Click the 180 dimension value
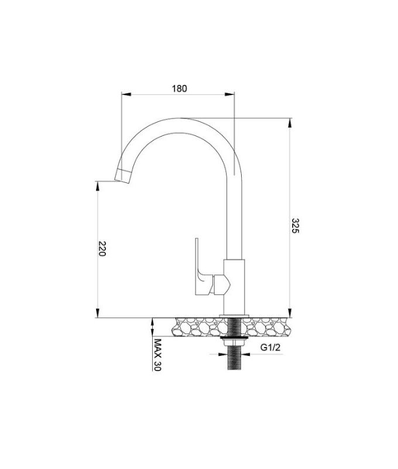pos(180,89)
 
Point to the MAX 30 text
pos(157,355)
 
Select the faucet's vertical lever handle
pos(200,264)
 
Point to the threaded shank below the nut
pos(234,361)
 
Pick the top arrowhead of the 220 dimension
pos(97,183)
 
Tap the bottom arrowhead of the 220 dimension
pos(97,314)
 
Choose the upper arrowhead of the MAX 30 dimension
pos(152,321)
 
